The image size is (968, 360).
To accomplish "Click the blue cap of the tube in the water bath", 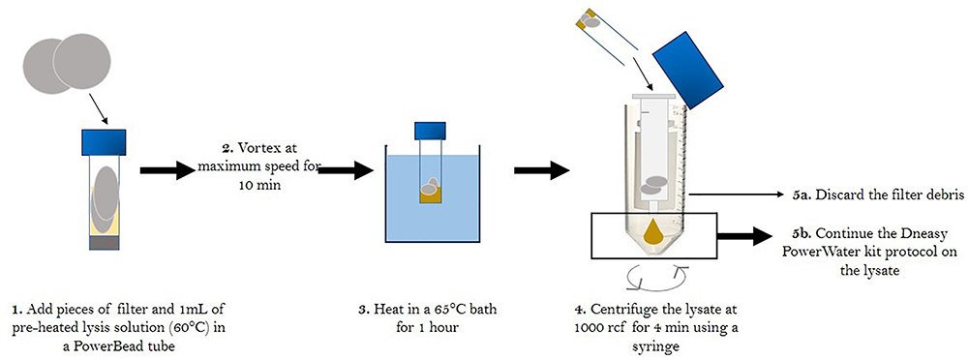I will pos(429,130).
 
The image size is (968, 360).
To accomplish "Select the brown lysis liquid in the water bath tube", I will pos(429,196).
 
